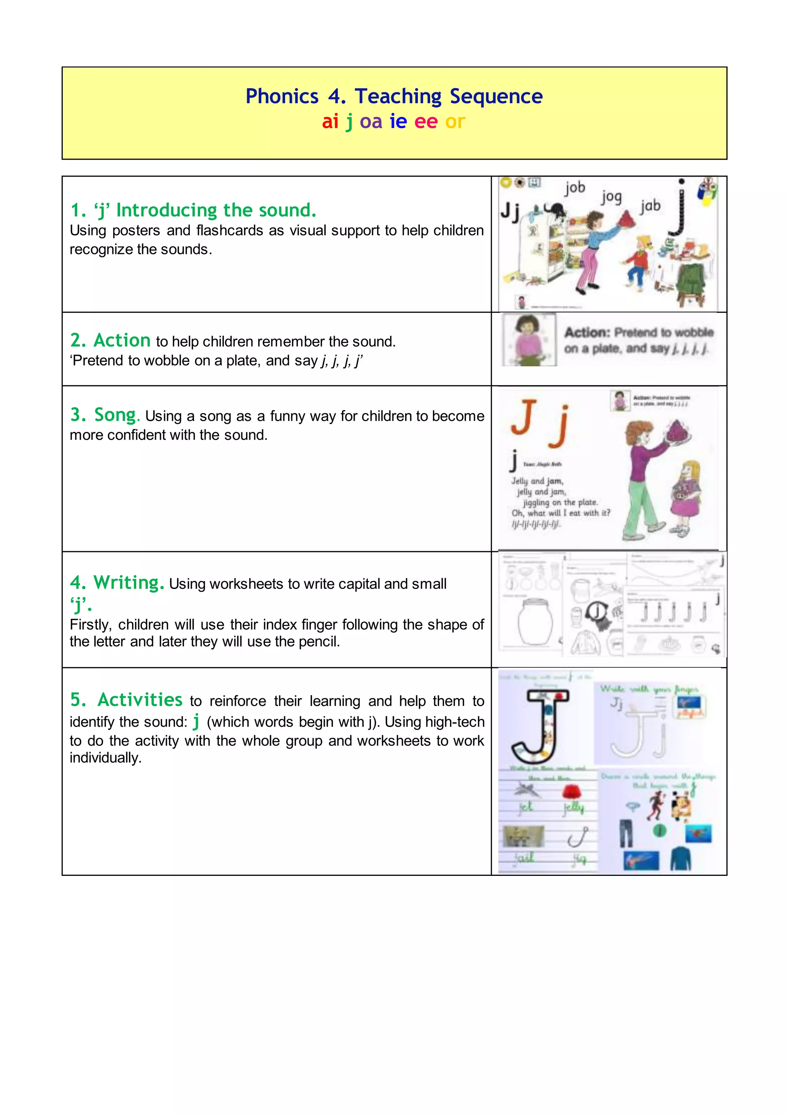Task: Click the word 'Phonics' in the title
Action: (282, 96)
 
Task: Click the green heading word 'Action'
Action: (122, 340)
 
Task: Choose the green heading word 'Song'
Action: (115, 415)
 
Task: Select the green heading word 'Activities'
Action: (140, 700)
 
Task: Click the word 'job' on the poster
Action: (575, 188)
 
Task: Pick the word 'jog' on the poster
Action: (611, 197)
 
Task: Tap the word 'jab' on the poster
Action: (650, 206)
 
